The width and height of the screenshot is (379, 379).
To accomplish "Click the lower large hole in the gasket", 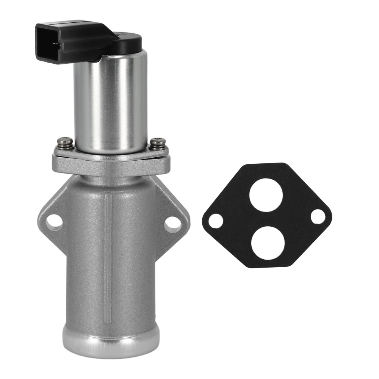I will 267,243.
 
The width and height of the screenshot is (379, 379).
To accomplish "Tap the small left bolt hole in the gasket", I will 216,221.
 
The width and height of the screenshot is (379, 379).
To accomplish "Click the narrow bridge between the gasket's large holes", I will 267,219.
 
